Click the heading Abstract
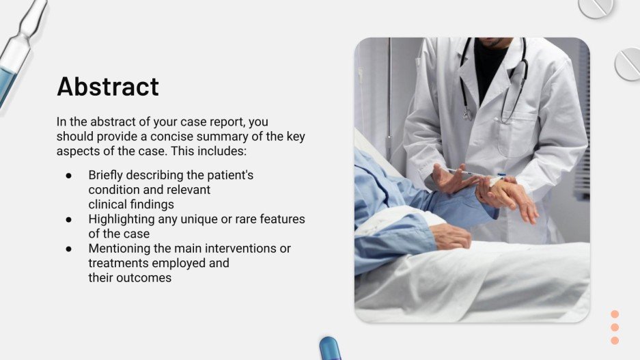108,87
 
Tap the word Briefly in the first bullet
109,175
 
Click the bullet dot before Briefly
69,176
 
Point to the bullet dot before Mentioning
69,249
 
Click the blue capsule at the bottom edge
330,348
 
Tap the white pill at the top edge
595,7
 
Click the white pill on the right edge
628,64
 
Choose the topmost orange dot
615,314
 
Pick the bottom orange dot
615,340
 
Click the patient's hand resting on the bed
451,236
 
